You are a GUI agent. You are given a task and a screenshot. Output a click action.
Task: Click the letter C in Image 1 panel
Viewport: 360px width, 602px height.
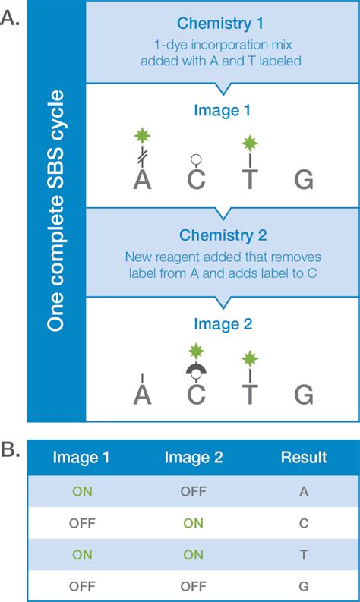[x=196, y=181]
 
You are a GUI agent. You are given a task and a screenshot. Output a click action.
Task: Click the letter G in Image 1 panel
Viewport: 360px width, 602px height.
[x=303, y=181]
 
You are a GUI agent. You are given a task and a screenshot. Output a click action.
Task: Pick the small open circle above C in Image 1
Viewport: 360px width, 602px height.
[x=196, y=159]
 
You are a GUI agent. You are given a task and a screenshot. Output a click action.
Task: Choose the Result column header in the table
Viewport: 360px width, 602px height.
[x=303, y=457]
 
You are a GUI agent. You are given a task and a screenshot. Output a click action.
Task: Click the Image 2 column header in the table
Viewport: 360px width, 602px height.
[x=193, y=457]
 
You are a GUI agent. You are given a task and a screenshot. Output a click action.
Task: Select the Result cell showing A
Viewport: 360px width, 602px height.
[x=303, y=491]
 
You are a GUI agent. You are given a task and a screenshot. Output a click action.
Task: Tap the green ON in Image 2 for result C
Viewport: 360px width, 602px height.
[x=193, y=523]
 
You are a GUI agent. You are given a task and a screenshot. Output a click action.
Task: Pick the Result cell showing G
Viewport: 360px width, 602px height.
[x=303, y=586]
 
